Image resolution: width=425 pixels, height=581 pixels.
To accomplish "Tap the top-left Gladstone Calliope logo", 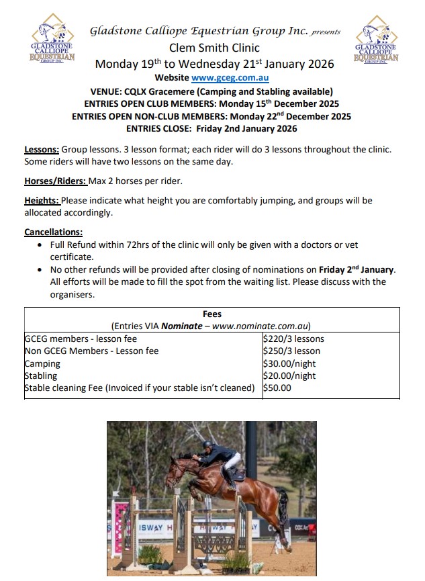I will coord(52,43).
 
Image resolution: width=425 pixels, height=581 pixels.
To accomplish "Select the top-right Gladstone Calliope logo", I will coord(375,43).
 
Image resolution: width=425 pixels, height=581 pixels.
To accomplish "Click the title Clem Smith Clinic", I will coord(214,48).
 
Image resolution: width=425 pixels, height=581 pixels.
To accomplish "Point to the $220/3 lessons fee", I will coord(293,339).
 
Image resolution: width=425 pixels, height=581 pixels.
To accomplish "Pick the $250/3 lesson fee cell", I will coord(291,351).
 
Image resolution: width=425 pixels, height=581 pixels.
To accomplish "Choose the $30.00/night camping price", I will coord(289,363).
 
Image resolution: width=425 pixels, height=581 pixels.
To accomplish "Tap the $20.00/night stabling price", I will coord(289,375).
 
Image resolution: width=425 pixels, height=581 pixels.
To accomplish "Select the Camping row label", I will coord(42,363).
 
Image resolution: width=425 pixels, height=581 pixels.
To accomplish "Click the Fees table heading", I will coord(212,314).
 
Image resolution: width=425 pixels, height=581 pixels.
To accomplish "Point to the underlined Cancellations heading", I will coord(54,232).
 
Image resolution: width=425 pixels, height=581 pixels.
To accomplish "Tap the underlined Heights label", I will coord(42,200).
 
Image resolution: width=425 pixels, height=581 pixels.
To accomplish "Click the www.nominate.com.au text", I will coord(262,326).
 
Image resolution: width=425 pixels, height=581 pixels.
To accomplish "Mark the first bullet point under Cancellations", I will coord(42,245).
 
